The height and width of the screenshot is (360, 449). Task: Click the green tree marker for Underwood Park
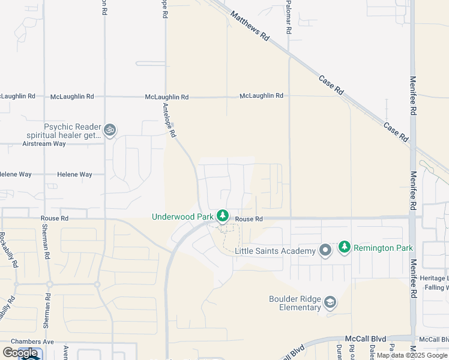pos(223,215)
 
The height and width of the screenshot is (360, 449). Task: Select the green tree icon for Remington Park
pos(344,246)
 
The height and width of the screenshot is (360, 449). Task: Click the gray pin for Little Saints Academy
pos(325,250)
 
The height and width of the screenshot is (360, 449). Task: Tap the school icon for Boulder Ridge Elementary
pos(330,302)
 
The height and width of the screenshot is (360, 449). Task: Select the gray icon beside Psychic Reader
pos(109,130)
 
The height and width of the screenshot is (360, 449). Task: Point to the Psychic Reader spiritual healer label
pos(73,131)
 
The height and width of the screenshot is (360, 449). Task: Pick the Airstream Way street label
pos(44,144)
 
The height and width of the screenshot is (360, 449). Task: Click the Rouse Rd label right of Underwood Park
pos(249,219)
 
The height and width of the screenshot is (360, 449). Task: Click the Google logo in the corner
pos(20,353)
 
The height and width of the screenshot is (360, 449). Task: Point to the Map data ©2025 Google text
pos(412,355)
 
